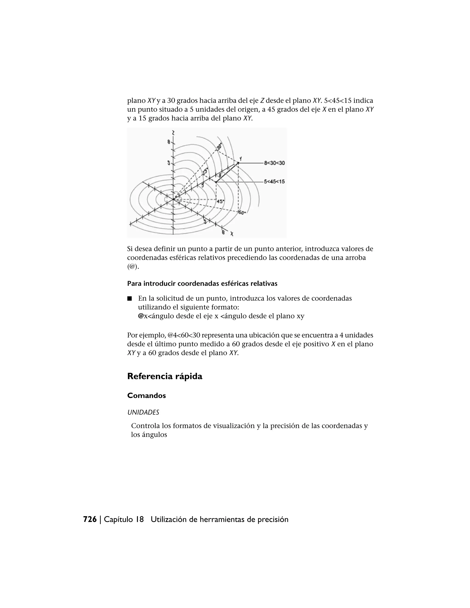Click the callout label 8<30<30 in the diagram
(274, 163)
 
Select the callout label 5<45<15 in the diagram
(274, 181)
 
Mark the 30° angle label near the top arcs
(219, 146)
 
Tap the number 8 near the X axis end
(223, 232)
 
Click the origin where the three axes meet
(173, 199)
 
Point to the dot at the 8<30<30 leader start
(238, 163)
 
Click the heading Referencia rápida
(165, 376)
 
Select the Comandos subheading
(146, 396)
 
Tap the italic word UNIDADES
(143, 412)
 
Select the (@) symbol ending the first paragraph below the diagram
(133, 266)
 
